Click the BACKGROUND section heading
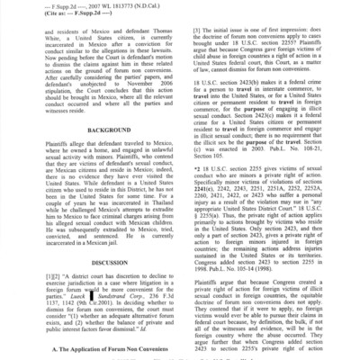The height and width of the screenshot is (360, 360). (x=90, y=157)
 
